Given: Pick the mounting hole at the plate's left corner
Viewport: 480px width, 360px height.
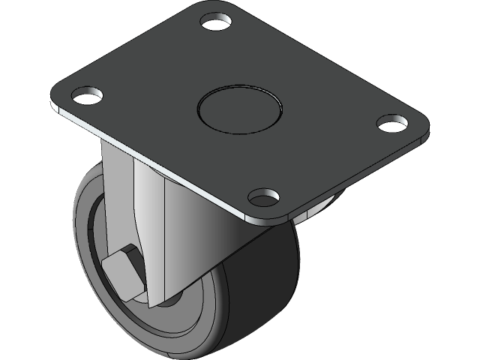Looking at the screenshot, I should point(86,95).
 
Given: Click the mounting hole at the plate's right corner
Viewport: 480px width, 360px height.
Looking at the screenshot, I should point(390,122).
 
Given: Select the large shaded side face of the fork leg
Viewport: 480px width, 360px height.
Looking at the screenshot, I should point(199,240).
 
